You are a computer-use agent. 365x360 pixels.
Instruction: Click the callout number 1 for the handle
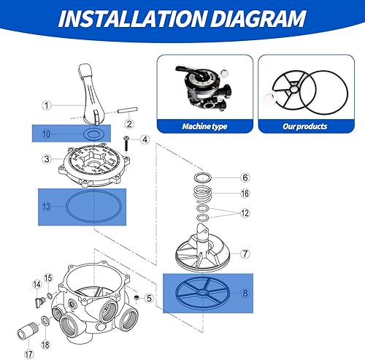coord(45,104)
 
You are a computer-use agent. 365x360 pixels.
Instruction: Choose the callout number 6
coord(245,177)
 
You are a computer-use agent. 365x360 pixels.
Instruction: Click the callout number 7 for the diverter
coord(245,253)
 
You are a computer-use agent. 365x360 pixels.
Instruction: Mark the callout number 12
coord(245,212)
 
